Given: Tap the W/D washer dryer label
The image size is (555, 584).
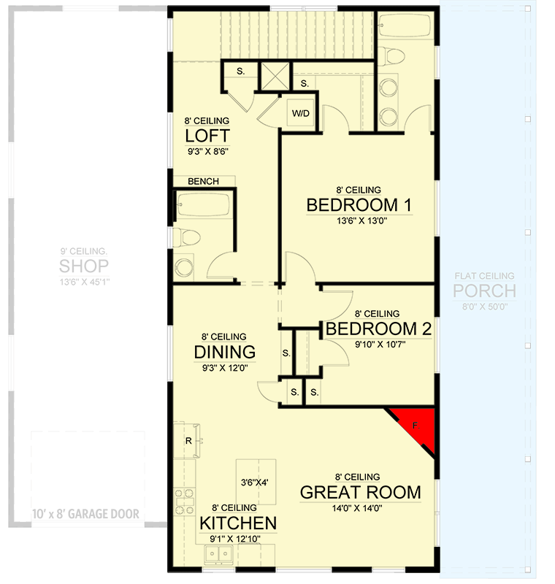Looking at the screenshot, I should pos(300,114).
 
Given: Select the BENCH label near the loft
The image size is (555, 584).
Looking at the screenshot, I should pos(203,181).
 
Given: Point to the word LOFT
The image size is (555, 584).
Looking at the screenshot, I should pos(207,136).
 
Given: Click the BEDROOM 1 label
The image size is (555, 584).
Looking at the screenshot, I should pos(359,205).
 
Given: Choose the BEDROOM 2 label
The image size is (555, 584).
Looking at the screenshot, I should pos(378,329).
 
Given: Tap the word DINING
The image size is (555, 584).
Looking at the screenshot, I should pos(225,353).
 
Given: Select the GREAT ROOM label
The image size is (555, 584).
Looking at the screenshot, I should pos(360,492).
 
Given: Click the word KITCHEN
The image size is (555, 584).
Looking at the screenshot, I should pos(238,523).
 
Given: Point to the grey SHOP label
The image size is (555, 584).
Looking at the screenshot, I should pos(84,265).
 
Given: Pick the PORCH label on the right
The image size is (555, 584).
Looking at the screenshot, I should pos(485,291).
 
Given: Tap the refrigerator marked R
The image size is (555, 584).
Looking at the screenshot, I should pos(188,441).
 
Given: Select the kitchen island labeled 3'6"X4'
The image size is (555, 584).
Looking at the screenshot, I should pos(256,481).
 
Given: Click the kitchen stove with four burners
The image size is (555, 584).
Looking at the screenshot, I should pos(185,502).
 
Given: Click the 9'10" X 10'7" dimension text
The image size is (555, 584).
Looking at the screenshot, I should pos(378,345).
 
